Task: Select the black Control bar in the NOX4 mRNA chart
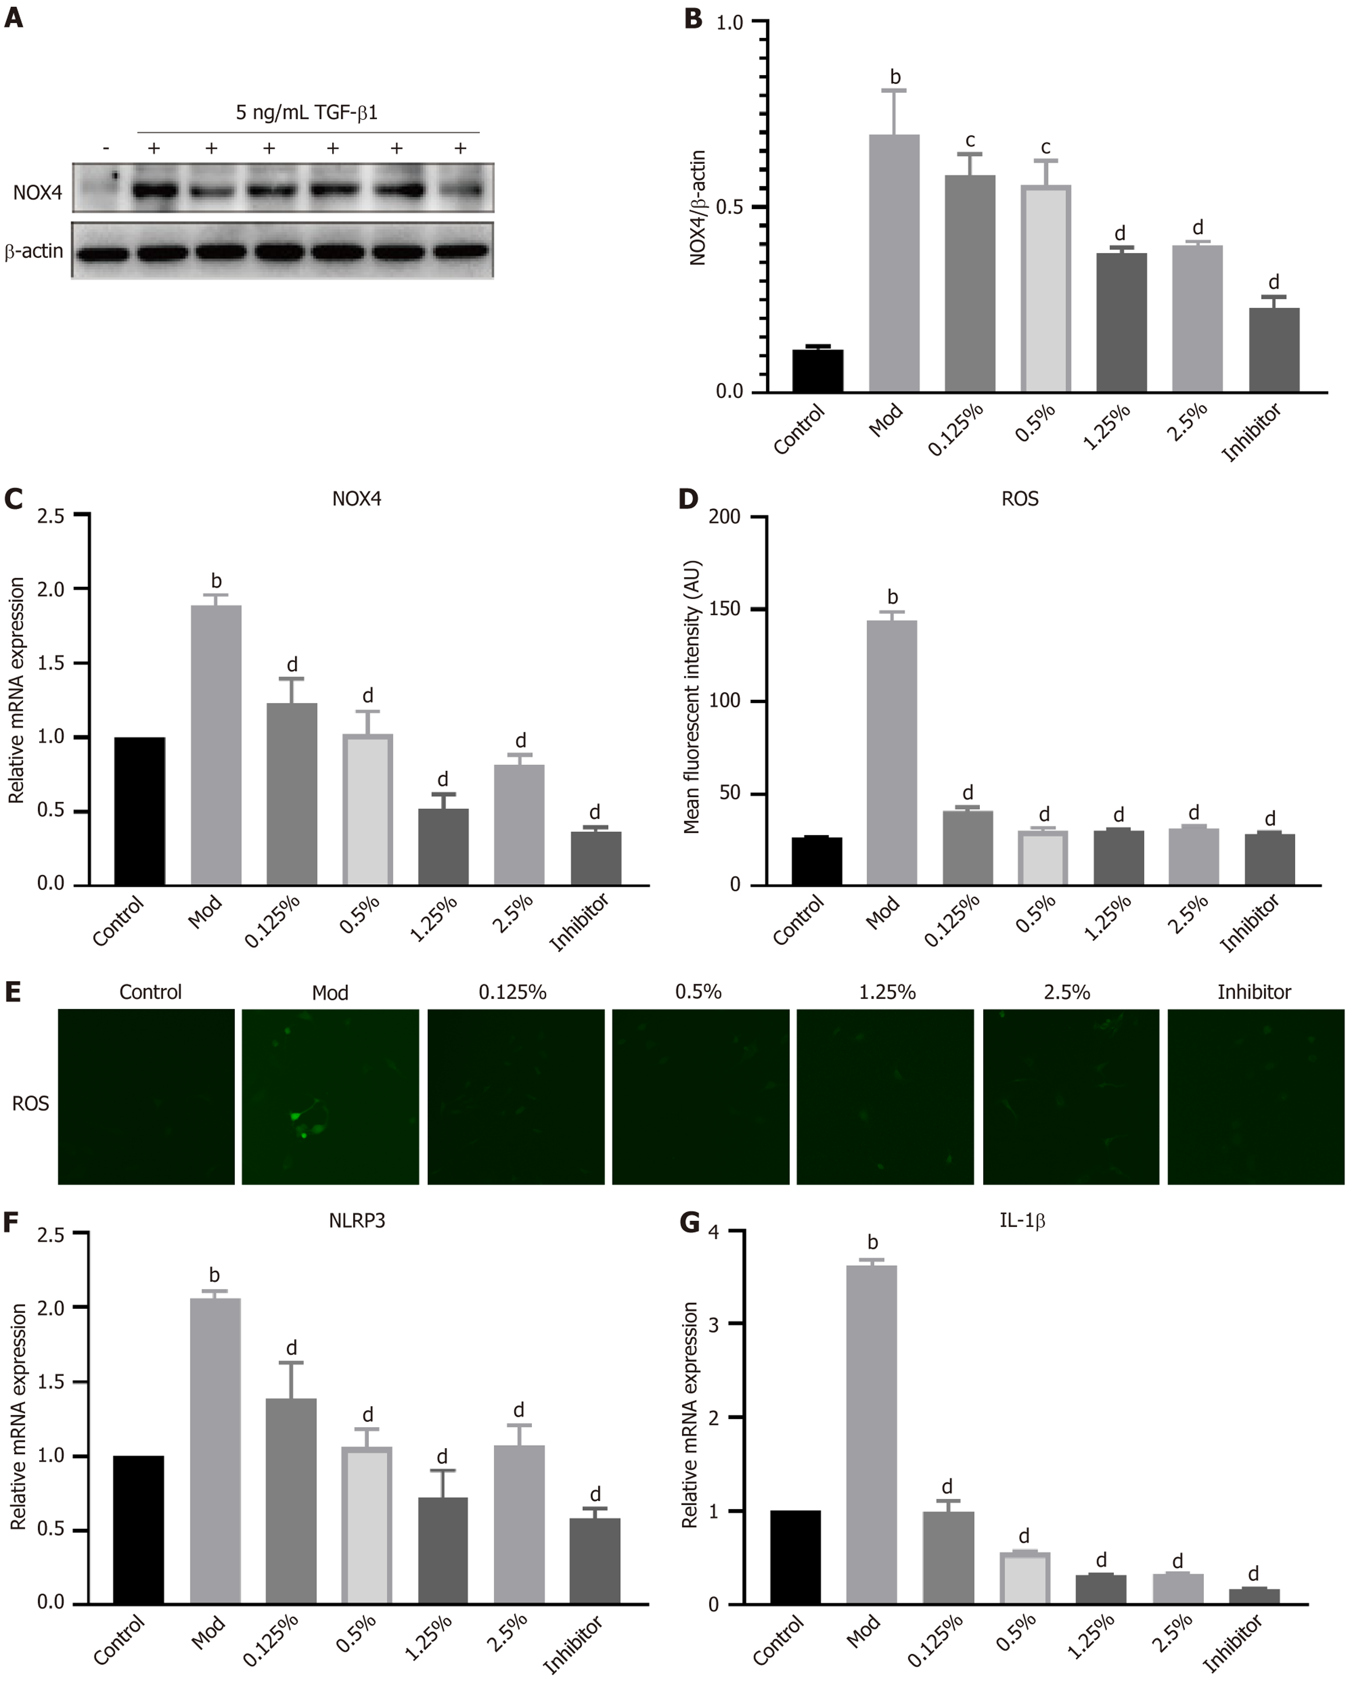tap(139, 811)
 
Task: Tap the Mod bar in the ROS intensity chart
tap(892, 752)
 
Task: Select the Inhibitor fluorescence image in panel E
tap(1255, 1096)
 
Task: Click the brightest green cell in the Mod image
tap(295, 1116)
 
